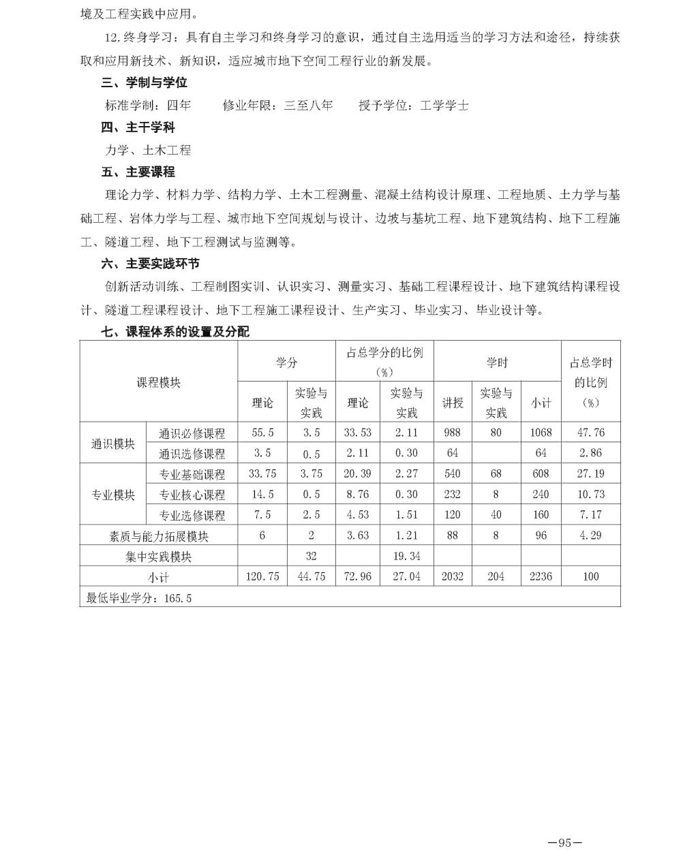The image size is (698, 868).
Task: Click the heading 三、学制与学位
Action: pos(144,83)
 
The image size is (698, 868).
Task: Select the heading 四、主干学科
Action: pos(138,127)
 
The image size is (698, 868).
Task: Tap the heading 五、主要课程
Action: pos(138,172)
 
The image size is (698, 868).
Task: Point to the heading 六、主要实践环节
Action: pos(150,264)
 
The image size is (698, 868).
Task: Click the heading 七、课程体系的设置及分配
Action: pos(175,332)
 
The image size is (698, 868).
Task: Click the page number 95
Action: pos(564,843)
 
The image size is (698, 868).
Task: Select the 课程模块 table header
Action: pos(158,382)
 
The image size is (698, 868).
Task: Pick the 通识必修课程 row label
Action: pos(192,433)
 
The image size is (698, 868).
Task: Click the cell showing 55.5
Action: pos(262,433)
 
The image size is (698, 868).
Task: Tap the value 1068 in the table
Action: pos(541,433)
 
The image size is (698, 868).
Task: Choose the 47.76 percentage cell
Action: pos(590,433)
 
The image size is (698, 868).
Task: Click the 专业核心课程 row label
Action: pos(192,495)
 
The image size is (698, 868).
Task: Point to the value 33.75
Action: pos(262,474)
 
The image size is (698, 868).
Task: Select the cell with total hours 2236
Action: pos(541,576)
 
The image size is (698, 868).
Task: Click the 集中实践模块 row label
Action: pos(158,557)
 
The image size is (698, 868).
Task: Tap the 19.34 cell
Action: pos(406,557)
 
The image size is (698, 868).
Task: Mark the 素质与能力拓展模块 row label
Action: pos(158,536)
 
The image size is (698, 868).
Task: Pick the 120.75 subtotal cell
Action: pos(262,576)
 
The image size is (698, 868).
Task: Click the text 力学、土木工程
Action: pos(148,150)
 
